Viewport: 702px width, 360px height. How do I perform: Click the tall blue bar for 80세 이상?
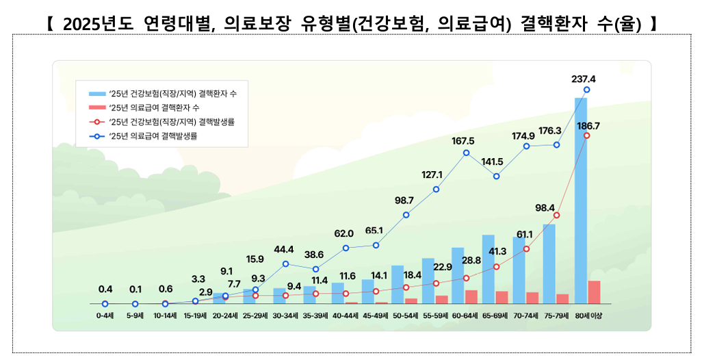[x=580, y=198]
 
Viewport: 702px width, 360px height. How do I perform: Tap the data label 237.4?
[x=583, y=79]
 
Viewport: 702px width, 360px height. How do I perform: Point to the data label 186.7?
[x=588, y=126]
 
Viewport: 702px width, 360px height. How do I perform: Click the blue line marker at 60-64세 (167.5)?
[x=466, y=153]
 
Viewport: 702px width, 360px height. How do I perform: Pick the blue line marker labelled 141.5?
[x=496, y=177]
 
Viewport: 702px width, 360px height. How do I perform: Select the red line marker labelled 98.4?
[x=556, y=216]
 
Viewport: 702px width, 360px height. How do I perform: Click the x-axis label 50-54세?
[x=406, y=316]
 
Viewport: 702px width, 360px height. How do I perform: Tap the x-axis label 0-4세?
[x=105, y=316]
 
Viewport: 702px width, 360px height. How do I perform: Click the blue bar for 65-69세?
[x=488, y=268]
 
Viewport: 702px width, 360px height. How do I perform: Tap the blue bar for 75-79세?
[x=549, y=263]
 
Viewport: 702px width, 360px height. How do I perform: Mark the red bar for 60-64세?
[x=471, y=296]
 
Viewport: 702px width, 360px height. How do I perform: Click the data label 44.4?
[x=283, y=249]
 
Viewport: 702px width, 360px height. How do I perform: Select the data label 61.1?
[x=524, y=235]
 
